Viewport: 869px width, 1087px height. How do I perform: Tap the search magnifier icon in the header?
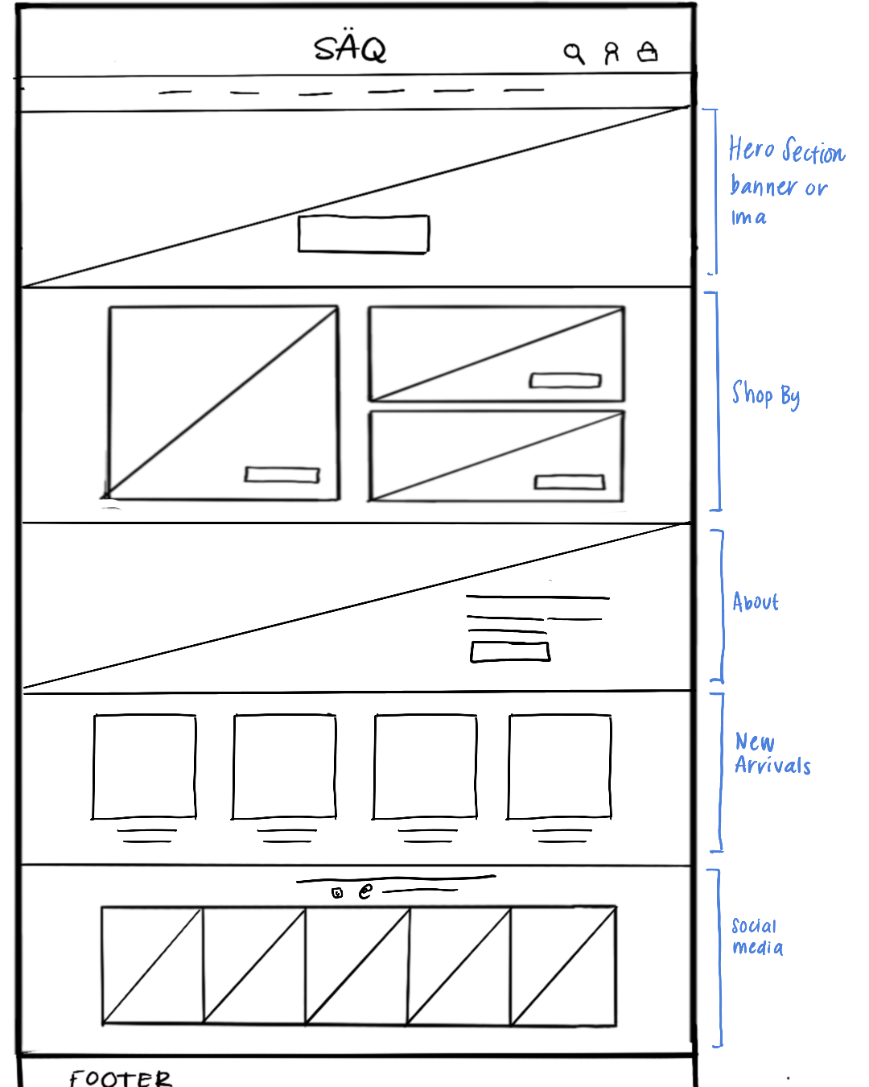click(x=574, y=53)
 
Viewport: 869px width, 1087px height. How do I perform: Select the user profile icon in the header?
click(x=612, y=53)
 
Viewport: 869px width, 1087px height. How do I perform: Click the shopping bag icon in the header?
click(x=648, y=52)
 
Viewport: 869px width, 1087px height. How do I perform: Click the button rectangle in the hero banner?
click(x=364, y=234)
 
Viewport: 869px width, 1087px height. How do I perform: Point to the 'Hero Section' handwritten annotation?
click(x=786, y=151)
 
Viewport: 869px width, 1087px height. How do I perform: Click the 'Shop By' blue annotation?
click(x=765, y=395)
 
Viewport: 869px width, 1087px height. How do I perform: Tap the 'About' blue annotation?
click(x=756, y=602)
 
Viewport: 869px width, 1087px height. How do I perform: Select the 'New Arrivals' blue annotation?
click(x=771, y=754)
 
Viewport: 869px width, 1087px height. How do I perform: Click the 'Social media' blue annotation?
click(x=756, y=936)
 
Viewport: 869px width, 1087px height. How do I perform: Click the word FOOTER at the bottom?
click(x=121, y=1077)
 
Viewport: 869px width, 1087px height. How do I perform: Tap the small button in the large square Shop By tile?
click(x=282, y=475)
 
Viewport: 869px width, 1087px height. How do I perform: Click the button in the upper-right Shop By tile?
click(x=565, y=380)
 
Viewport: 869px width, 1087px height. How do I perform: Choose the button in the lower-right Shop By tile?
click(x=570, y=482)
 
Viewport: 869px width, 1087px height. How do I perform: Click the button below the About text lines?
click(x=510, y=651)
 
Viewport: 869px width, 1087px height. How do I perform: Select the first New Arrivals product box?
click(x=145, y=766)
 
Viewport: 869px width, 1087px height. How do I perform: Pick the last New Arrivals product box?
click(x=560, y=766)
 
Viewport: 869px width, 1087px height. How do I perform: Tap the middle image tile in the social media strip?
click(x=357, y=966)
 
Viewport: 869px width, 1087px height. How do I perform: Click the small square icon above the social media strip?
click(x=338, y=892)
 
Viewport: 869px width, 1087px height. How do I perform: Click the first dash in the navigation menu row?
click(x=175, y=93)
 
